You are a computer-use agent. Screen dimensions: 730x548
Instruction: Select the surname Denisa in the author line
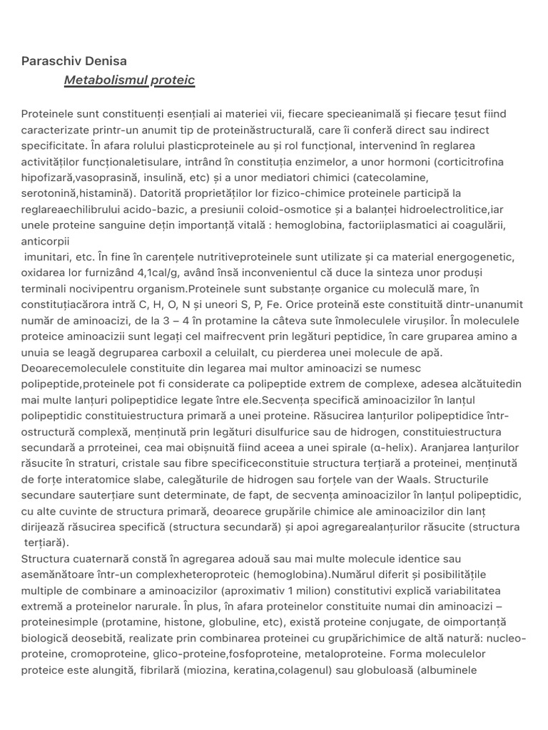click(x=106, y=61)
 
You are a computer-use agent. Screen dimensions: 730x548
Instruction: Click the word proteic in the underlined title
click(x=172, y=81)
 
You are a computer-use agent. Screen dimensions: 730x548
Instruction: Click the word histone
click(x=204, y=622)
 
